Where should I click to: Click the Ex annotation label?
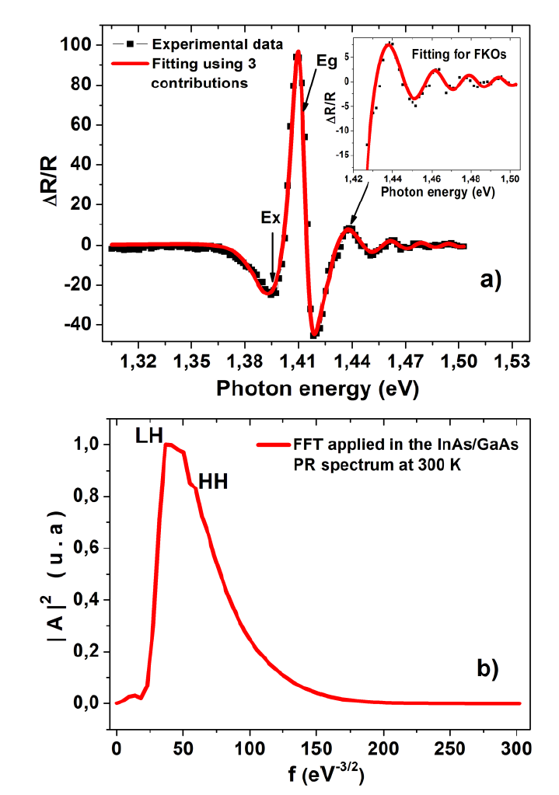coord(271,218)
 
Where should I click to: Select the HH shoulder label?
coord(214,482)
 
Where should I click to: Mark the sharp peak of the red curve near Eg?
coord(298,54)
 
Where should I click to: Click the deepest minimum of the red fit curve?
coord(314,334)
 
